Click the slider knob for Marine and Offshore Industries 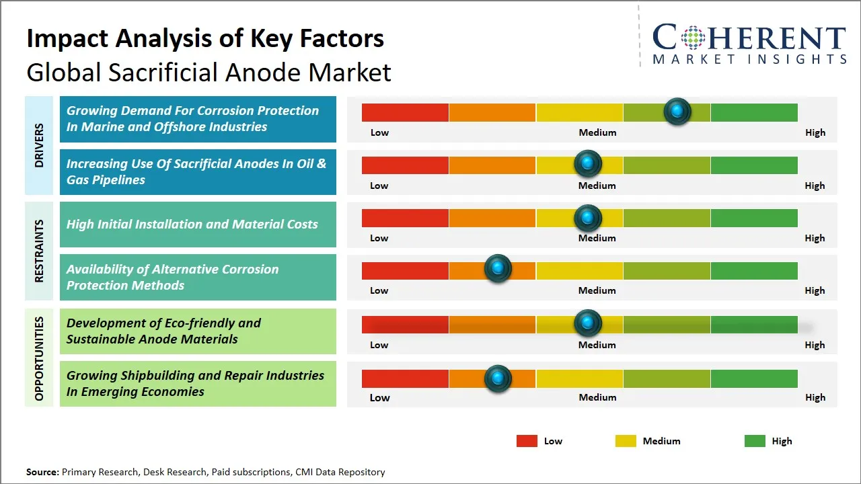(x=677, y=111)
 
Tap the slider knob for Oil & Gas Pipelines (x=588, y=163)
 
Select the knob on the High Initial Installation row (x=588, y=218)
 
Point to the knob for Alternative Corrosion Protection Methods (x=498, y=269)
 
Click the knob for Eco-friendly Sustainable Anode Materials (x=588, y=323)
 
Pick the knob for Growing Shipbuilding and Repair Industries (x=498, y=378)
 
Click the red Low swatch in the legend (x=527, y=441)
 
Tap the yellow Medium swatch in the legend (x=626, y=441)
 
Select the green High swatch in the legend (x=755, y=441)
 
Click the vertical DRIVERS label (x=38, y=145)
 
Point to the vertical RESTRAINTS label (x=38, y=251)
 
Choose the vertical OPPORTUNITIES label (x=38, y=358)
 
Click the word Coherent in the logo (x=749, y=38)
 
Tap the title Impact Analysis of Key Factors (x=205, y=39)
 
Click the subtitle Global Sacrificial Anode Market (x=209, y=73)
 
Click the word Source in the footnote (x=42, y=472)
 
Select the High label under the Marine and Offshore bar (x=815, y=132)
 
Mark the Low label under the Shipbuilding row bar (x=379, y=397)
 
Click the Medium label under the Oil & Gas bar (x=597, y=186)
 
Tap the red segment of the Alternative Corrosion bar (x=405, y=270)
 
